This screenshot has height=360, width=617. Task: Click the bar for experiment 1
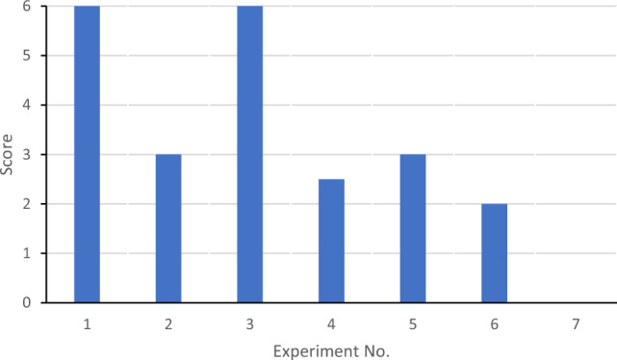(x=87, y=154)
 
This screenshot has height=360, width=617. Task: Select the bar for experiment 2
(x=168, y=228)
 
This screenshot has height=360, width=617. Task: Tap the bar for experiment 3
(x=250, y=154)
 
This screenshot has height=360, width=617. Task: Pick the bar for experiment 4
(x=332, y=241)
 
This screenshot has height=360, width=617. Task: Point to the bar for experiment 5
(x=413, y=228)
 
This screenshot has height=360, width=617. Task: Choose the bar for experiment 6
(x=495, y=253)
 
